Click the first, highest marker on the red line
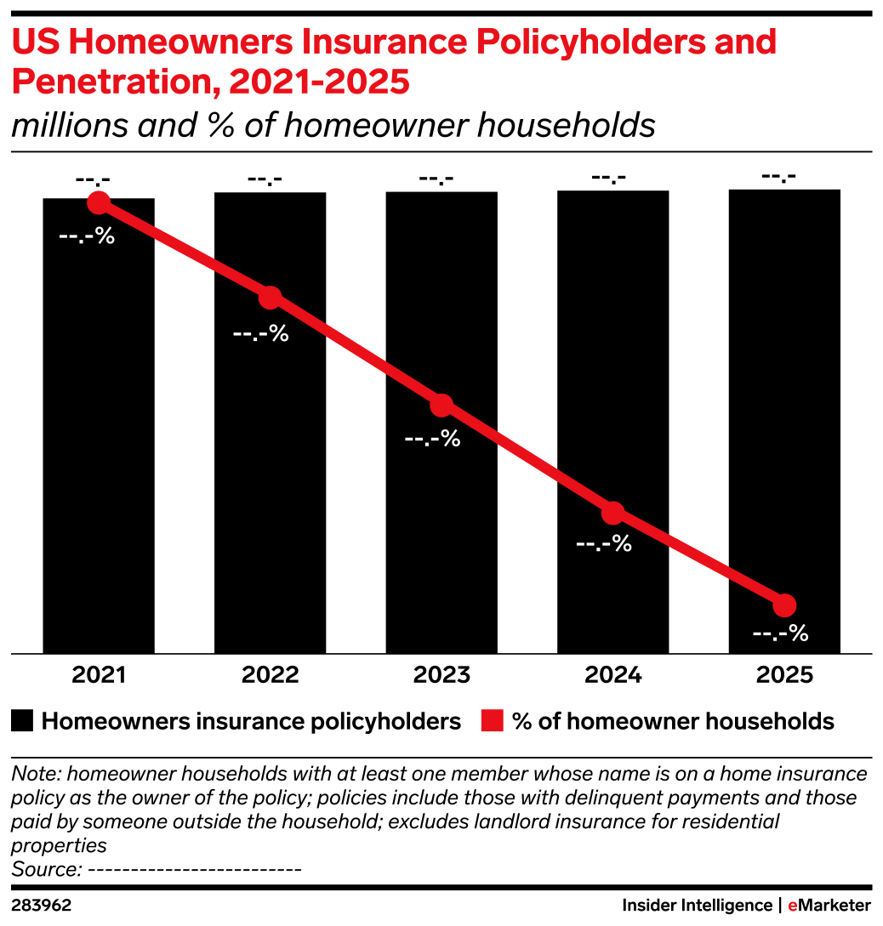99,202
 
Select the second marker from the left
270,298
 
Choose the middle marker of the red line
441,406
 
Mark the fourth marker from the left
612,513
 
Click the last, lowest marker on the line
784,605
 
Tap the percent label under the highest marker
87,236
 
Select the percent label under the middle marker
432,440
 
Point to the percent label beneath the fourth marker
604,544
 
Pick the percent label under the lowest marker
780,633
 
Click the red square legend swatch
492,720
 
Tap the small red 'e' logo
793,906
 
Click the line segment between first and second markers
184,250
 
